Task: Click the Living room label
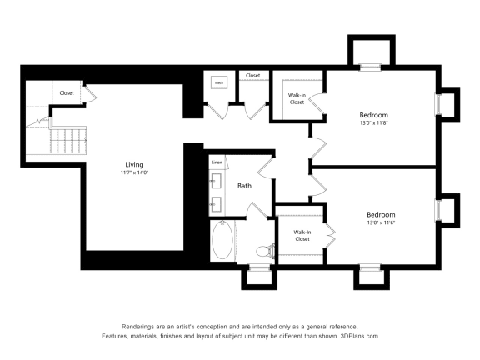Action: click(x=134, y=164)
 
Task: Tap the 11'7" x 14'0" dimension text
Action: click(x=134, y=173)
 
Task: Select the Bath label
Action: click(x=244, y=186)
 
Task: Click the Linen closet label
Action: click(x=217, y=162)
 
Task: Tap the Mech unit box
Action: click(x=219, y=82)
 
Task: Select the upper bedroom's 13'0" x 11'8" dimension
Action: click(x=374, y=123)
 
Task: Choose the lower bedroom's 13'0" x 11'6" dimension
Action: click(x=380, y=223)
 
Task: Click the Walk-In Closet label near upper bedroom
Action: click(x=297, y=99)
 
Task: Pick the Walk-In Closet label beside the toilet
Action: click(x=302, y=235)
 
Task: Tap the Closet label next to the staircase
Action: click(x=66, y=92)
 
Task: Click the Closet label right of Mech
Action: click(x=252, y=76)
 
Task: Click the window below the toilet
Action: click(x=259, y=267)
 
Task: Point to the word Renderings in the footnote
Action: click(x=140, y=327)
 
